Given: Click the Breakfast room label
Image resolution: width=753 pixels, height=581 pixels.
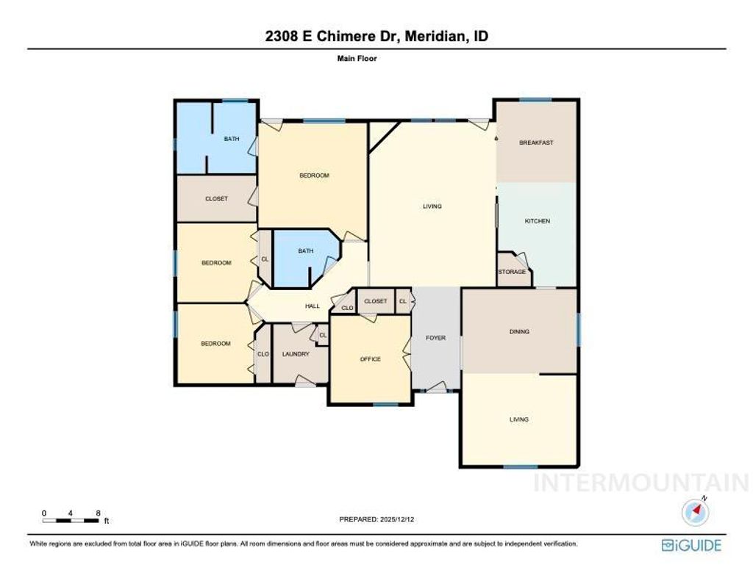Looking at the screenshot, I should point(536,142).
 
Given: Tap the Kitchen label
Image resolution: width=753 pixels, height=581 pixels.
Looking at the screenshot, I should point(537,221).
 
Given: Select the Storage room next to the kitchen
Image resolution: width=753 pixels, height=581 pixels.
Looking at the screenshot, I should point(512,272).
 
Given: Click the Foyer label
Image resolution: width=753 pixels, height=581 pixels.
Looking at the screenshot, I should point(436,338).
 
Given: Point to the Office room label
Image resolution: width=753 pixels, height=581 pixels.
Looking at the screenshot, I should point(370,359).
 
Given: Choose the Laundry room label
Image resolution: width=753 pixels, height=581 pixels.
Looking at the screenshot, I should point(295,354).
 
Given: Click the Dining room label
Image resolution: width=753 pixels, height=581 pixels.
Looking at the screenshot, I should point(519,332).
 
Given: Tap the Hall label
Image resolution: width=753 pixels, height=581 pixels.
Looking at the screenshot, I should point(312,306).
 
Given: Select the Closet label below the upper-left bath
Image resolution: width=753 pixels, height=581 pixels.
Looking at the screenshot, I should point(216,199).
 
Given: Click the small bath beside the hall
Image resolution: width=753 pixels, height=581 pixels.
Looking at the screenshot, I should point(305,251).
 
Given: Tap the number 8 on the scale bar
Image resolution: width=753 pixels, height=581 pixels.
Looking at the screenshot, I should point(98,513).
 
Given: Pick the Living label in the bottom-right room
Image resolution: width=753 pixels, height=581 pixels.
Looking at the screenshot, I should point(519,419).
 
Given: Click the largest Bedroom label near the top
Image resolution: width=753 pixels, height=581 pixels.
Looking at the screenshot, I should point(314,176).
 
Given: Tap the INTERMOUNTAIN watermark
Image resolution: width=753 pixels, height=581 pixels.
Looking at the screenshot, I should point(640,483).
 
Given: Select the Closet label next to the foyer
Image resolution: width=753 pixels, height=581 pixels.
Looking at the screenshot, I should point(376,301).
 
